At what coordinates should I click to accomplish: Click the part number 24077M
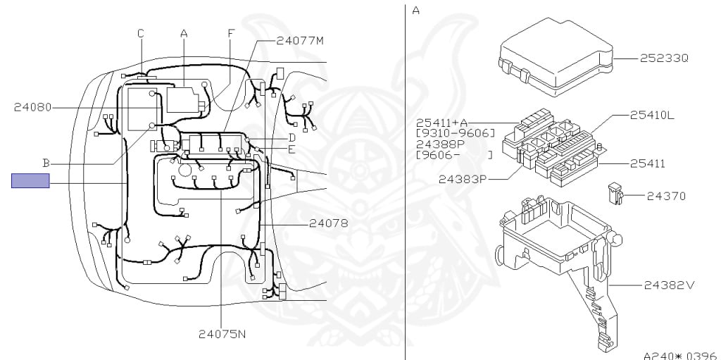300,41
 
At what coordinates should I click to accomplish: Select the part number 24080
32,108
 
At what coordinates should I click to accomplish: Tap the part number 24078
327,224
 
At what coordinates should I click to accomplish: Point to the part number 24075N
222,334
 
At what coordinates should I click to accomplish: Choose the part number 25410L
651,115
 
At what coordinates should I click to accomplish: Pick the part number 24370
666,196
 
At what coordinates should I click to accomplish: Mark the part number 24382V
670,285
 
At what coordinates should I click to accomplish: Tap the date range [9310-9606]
456,132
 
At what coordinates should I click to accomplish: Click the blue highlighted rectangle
30,181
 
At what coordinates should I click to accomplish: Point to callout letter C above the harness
141,33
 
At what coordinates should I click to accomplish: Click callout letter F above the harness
230,33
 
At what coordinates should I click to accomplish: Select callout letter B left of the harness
45,163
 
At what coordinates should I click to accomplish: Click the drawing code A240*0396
680,355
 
